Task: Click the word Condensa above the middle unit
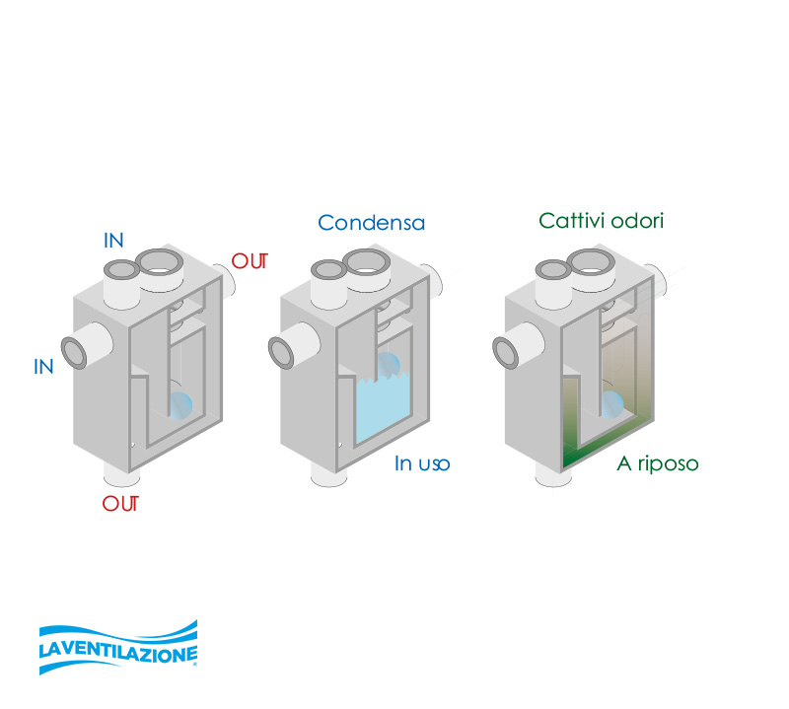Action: (372, 223)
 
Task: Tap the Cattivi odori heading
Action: (601, 220)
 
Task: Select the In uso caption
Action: (422, 463)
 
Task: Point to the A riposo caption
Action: (658, 463)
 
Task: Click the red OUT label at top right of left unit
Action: (251, 262)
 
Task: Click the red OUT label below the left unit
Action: (120, 504)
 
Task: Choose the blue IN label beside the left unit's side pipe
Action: (43, 367)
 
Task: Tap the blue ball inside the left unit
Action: (181, 405)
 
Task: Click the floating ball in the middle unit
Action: (390, 365)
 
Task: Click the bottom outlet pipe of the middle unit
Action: (331, 475)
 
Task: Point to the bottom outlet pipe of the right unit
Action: (551, 475)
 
